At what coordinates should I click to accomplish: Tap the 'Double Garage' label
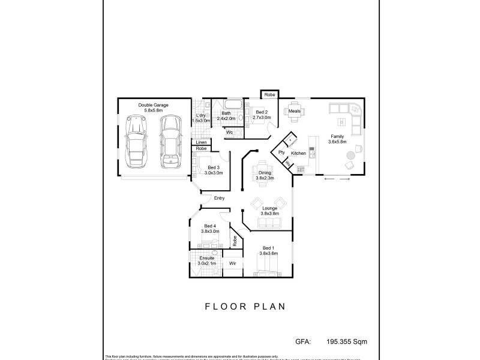tap(153, 105)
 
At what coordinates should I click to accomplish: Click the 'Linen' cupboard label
tap(202, 142)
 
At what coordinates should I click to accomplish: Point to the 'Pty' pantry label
tap(281, 153)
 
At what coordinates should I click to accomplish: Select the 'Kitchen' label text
tap(299, 154)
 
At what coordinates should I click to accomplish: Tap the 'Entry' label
tap(219, 198)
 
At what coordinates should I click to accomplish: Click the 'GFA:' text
tap(303, 341)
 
